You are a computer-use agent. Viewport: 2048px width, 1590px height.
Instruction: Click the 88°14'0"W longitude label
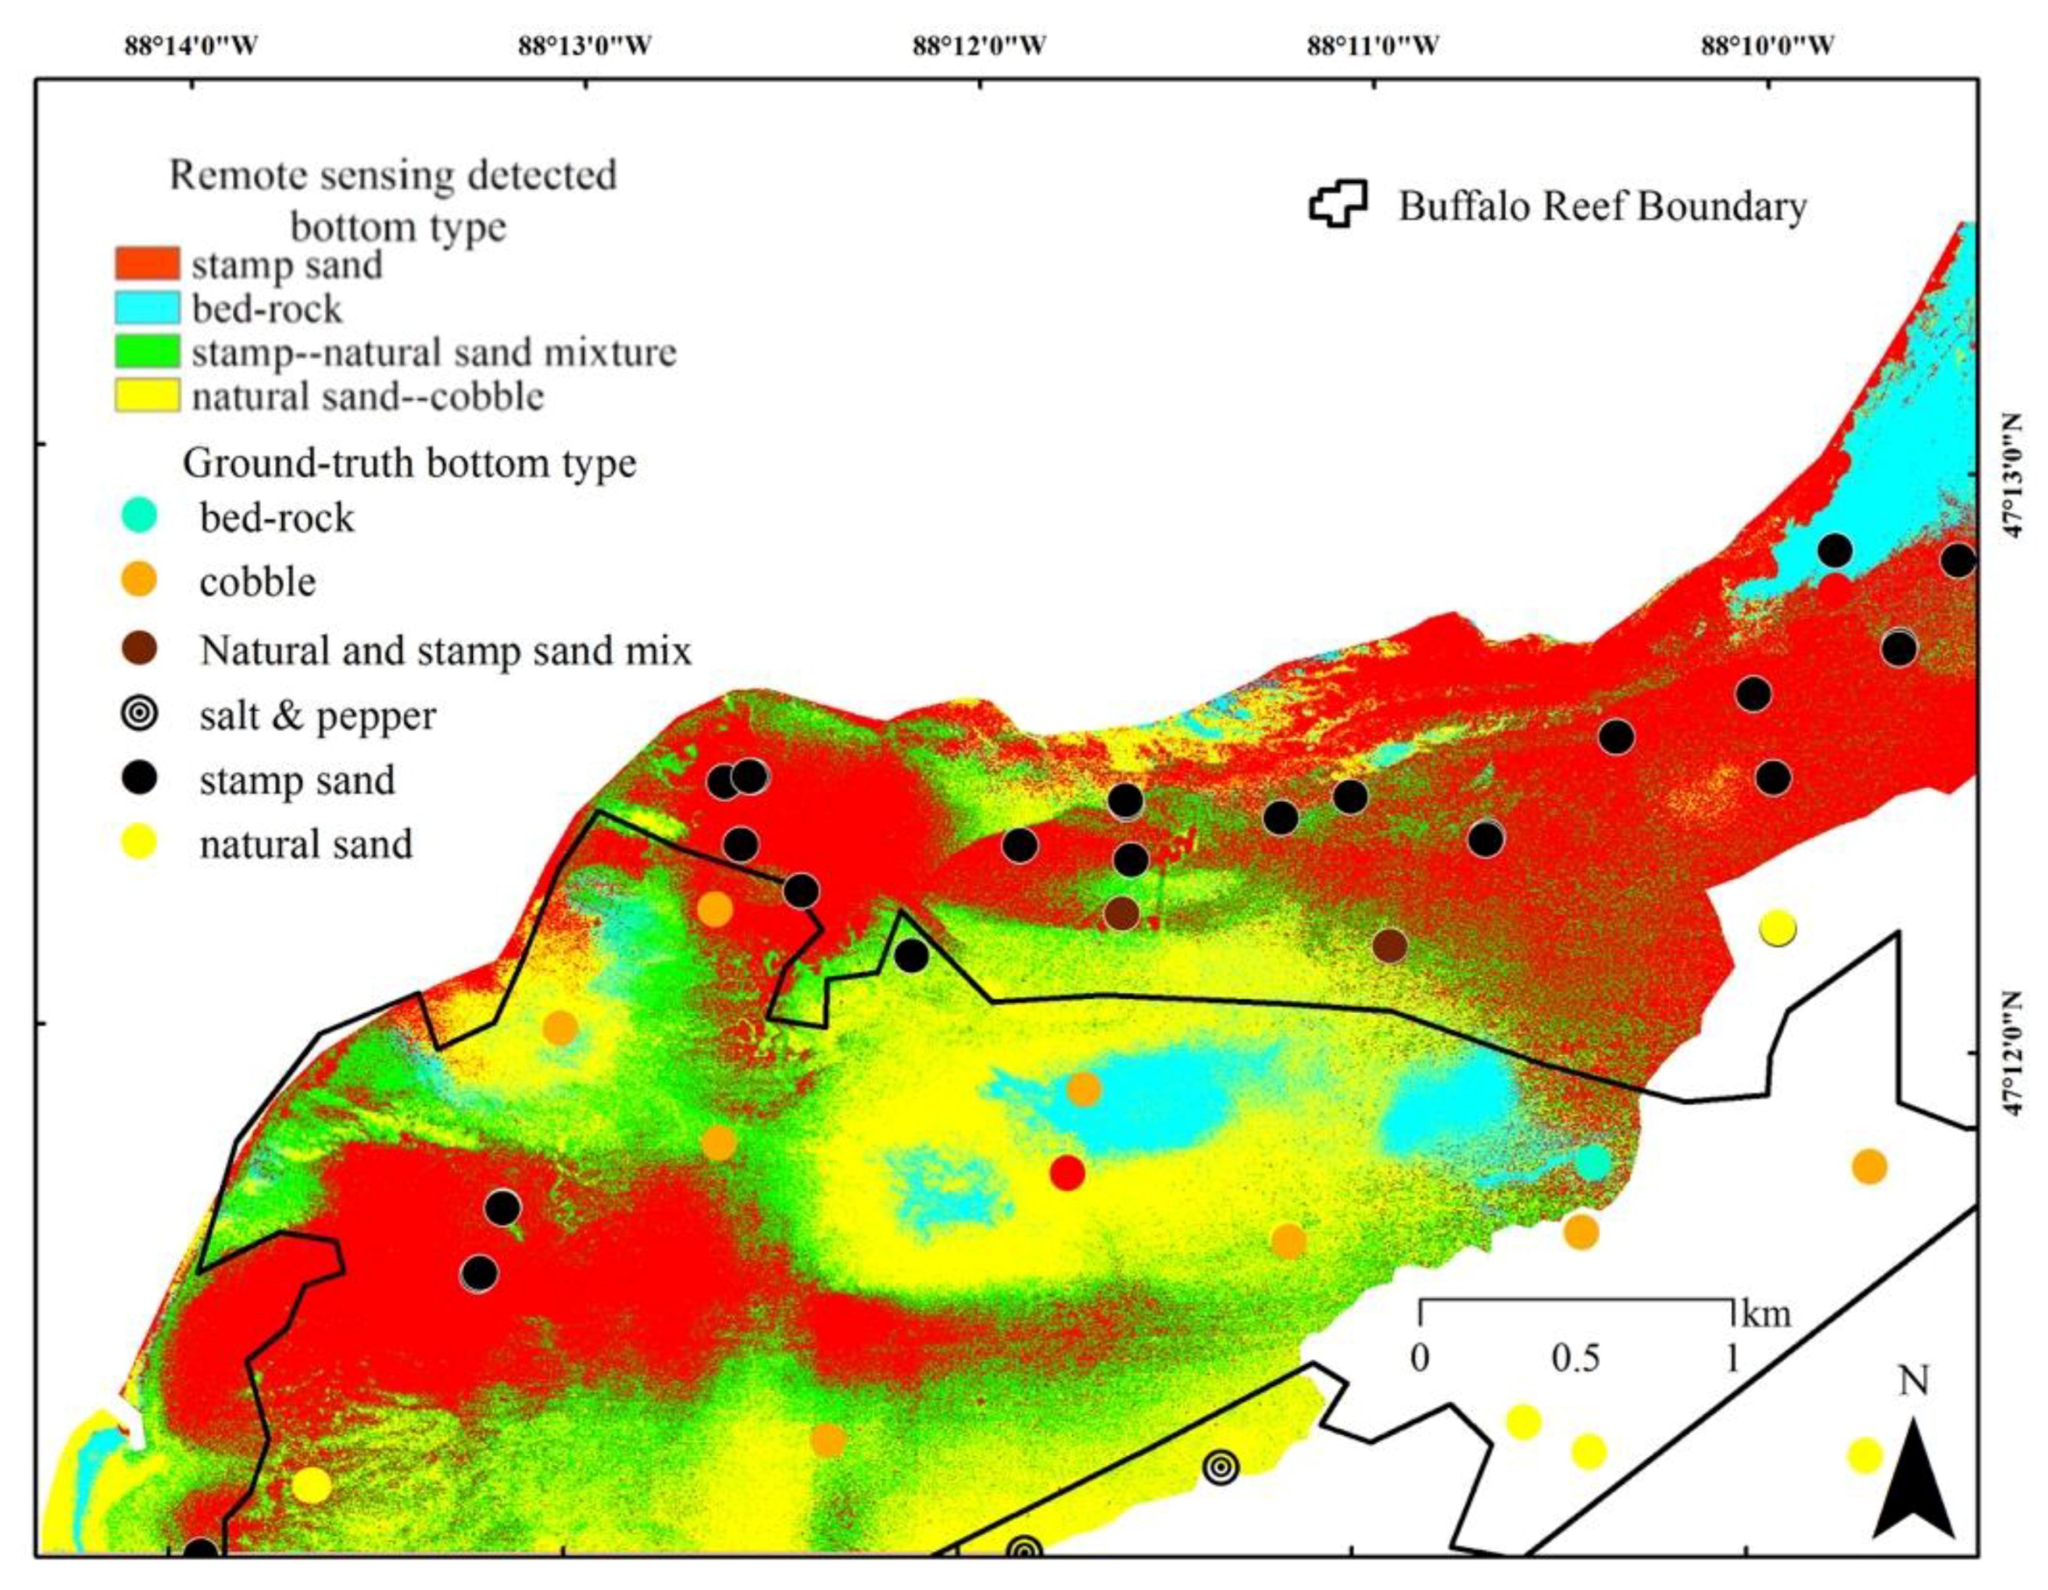pyautogui.click(x=192, y=45)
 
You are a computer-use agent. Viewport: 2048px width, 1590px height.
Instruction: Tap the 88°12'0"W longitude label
pyautogui.click(x=980, y=45)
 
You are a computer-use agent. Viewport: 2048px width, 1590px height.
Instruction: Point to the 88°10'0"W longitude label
pyautogui.click(x=1768, y=45)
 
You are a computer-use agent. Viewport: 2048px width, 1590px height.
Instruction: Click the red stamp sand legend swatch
pyautogui.click(x=147, y=263)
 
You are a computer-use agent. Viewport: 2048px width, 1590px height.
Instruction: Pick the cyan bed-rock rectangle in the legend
pyautogui.click(x=147, y=308)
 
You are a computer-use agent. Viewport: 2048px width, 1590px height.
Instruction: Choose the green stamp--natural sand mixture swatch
pyautogui.click(x=147, y=352)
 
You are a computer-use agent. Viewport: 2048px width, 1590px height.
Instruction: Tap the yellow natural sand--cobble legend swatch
pyautogui.click(x=147, y=396)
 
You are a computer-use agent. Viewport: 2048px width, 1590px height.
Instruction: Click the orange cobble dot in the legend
pyautogui.click(x=141, y=581)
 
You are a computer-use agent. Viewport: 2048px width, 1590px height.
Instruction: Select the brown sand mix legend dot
pyautogui.click(x=141, y=648)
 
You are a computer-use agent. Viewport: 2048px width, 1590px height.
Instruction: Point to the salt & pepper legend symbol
pyautogui.click(x=141, y=714)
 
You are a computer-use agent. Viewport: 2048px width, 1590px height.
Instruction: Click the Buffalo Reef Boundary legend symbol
pyautogui.click(x=1339, y=203)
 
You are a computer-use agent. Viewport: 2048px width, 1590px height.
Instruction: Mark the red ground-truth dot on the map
pyautogui.click(x=1067, y=1172)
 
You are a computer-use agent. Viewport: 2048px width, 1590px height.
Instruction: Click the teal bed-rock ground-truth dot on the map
pyautogui.click(x=1592, y=1162)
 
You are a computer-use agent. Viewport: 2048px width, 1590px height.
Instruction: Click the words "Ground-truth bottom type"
pyautogui.click(x=409, y=464)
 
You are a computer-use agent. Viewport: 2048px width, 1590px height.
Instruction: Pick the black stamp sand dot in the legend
pyautogui.click(x=141, y=779)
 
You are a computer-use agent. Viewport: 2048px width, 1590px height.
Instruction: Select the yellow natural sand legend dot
pyautogui.click(x=141, y=843)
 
